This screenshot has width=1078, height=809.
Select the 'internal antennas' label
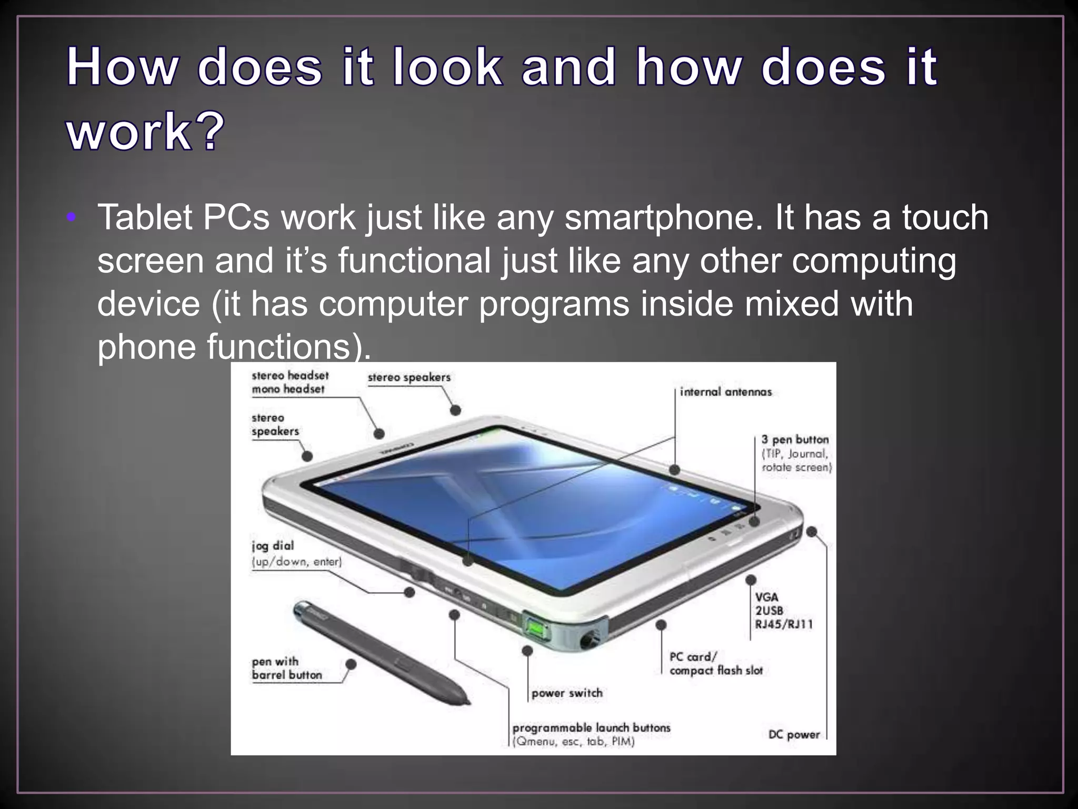725,392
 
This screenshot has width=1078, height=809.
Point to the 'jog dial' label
273,546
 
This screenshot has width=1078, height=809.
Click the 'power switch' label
567,693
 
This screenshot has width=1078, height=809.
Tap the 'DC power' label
794,734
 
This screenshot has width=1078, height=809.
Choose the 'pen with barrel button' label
286,668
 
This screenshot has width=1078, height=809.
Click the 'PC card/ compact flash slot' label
715,664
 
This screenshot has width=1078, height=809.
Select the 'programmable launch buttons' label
591,728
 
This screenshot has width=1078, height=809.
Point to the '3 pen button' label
795,440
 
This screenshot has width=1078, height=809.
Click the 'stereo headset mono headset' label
290,382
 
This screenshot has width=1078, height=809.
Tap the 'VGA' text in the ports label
766,597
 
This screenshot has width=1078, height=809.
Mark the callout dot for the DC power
812,532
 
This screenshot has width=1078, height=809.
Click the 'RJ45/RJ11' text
784,625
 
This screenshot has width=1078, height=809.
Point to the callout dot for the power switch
527,651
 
